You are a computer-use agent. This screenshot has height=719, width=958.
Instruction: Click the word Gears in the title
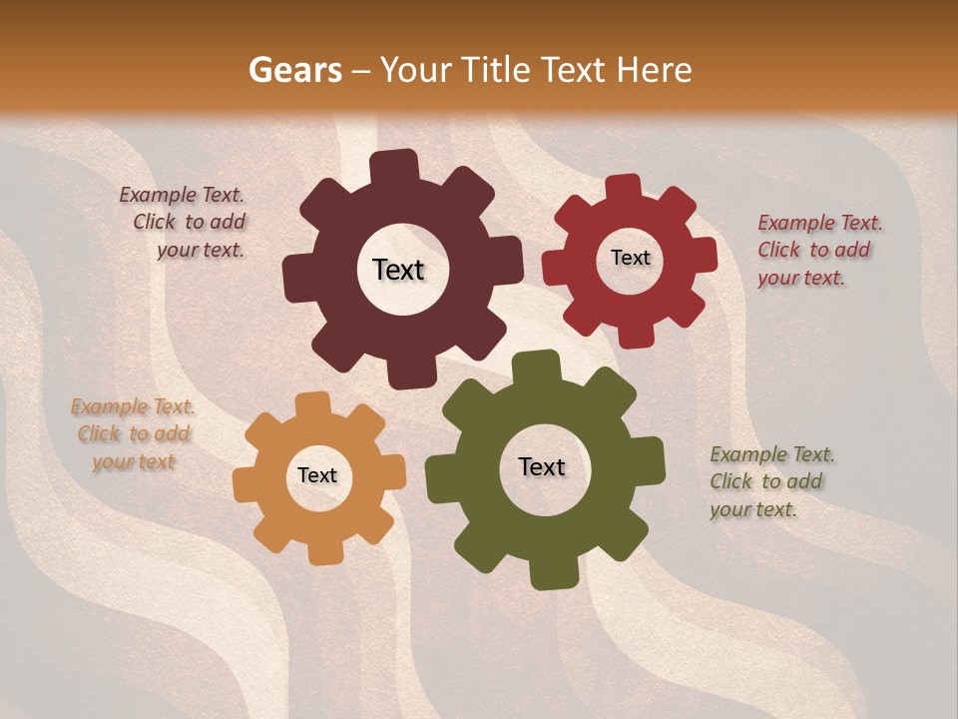(x=294, y=71)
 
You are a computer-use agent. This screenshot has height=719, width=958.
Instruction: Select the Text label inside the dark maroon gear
(x=398, y=270)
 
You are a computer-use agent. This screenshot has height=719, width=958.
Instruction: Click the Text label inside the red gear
(x=630, y=258)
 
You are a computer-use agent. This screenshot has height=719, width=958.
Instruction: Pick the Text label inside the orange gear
(x=317, y=475)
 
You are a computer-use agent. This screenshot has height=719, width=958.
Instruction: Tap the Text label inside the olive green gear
(x=542, y=466)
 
